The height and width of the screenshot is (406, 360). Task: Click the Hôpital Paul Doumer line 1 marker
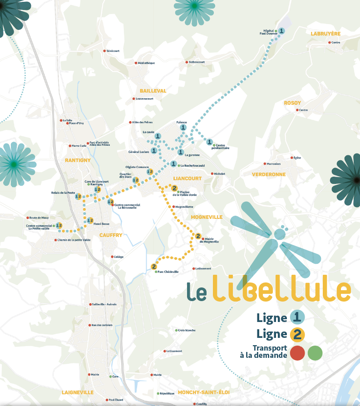pos(281,31)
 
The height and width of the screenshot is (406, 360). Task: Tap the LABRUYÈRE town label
pos(325,34)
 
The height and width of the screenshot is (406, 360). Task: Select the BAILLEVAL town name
pos(153,91)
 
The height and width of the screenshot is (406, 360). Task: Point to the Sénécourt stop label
pos(113,51)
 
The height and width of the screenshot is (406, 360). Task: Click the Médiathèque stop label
pos(146,63)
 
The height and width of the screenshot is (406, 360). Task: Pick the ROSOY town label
pos(292,103)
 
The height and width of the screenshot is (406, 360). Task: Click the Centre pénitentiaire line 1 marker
pos(210,142)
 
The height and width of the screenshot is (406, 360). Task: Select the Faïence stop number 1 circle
pos(183,128)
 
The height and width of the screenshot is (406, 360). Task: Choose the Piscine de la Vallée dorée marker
pos(174,188)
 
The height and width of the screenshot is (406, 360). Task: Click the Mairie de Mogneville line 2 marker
pos(198,236)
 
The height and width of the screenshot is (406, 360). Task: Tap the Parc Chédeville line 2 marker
pos(154,267)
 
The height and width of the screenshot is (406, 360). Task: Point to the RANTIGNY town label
pos(78,160)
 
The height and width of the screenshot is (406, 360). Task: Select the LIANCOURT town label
pos(187,178)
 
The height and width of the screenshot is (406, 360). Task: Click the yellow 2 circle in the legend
pos(297,335)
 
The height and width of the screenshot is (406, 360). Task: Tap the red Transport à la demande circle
pos(297,352)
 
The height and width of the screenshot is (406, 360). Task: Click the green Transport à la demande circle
pos(315,352)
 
